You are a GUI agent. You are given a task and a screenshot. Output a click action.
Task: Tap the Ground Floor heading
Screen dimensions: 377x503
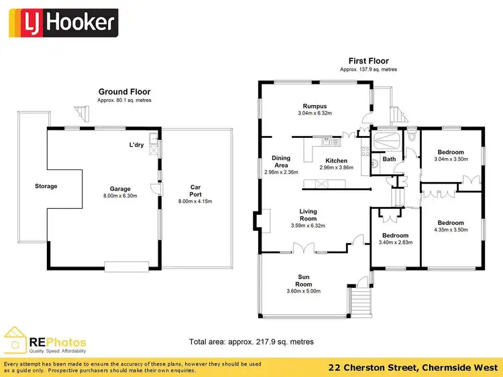(x=125, y=92)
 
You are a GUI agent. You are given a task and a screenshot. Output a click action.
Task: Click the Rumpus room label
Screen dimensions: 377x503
(x=315, y=106)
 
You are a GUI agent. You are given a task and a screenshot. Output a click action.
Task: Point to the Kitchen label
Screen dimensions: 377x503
(x=336, y=161)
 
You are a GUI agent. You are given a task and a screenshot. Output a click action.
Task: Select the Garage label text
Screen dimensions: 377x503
(x=121, y=189)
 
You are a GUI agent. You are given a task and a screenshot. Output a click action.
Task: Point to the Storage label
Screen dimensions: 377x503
(x=46, y=186)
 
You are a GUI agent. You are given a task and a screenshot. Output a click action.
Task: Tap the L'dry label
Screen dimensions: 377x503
(x=138, y=145)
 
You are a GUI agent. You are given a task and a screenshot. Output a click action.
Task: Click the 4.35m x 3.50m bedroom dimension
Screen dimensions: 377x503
(x=450, y=230)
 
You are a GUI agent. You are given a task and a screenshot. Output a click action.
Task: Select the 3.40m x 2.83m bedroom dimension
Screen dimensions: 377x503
(x=394, y=243)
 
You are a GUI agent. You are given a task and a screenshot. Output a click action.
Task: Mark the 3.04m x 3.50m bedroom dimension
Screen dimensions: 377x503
(x=450, y=159)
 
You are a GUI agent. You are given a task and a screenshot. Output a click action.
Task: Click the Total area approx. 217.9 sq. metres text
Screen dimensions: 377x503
(x=251, y=342)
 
